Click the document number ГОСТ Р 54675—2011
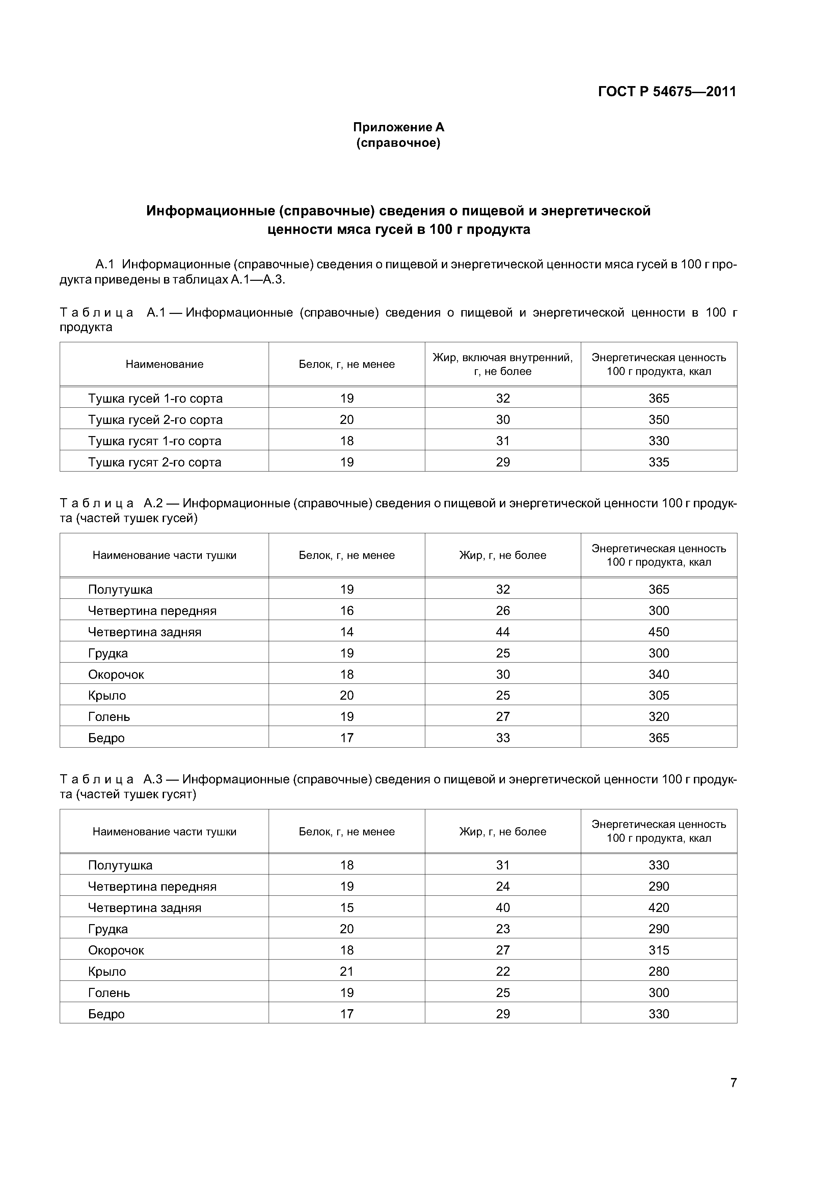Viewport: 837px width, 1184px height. pyautogui.click(x=667, y=92)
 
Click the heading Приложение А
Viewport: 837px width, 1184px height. pyautogui.click(x=398, y=127)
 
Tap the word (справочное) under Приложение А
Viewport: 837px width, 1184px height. pyautogui.click(x=398, y=143)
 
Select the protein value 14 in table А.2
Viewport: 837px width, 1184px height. pyautogui.click(x=347, y=632)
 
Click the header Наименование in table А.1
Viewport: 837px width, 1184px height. pyautogui.click(x=164, y=364)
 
